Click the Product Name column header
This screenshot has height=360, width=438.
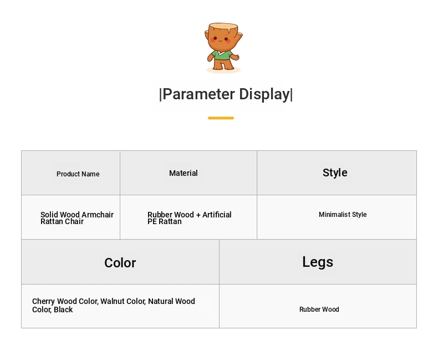(78, 174)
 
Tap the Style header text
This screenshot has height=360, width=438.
(335, 173)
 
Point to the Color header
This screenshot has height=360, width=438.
(120, 263)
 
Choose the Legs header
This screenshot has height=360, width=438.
(318, 262)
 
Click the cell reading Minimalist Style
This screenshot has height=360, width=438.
(343, 214)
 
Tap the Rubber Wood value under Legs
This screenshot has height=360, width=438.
(319, 310)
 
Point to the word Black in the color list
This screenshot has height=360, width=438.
(63, 310)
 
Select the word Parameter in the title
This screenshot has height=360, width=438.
(198, 94)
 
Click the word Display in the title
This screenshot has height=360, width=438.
(264, 94)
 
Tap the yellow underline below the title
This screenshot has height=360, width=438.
(221, 118)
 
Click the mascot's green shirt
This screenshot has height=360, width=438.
(222, 55)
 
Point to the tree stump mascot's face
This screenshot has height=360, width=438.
(221, 39)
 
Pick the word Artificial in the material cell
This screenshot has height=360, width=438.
(217, 215)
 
